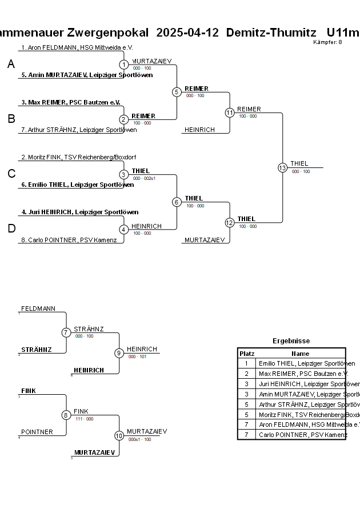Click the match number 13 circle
pos(282,168)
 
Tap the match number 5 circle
pos(177,91)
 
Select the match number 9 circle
pos(119,353)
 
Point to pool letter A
pos(11,65)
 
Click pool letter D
pos(11,229)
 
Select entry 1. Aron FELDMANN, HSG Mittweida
pos(77,48)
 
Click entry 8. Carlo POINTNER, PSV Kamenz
pos(72,240)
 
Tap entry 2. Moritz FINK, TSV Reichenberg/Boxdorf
pos(78,157)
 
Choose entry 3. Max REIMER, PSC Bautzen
pos(71,102)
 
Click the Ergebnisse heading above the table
pos(291,341)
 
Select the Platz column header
pos(247,354)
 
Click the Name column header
pos(300,354)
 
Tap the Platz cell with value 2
pos(247,374)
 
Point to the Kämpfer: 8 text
pos(327,42)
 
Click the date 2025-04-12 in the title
pos(187,32)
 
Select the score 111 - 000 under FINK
pos(84,419)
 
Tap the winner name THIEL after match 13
pos(299,163)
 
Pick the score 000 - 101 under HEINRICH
pos(137,356)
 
